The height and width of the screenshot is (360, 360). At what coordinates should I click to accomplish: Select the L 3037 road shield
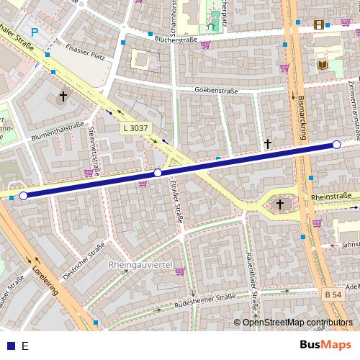(x=135, y=127)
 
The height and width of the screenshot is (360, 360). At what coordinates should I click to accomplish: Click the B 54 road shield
(x=332, y=294)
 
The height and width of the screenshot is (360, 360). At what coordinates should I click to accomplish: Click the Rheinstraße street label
(x=331, y=196)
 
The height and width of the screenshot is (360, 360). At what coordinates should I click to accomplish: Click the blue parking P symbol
(x=35, y=32)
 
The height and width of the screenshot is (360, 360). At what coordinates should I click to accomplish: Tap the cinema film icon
(x=319, y=26)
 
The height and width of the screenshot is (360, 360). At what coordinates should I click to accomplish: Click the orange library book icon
(x=322, y=66)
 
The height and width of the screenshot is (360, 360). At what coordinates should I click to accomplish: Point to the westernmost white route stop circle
(x=23, y=195)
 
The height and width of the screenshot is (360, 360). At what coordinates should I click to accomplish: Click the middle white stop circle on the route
(x=158, y=173)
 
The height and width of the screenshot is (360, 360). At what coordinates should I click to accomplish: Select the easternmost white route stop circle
(x=336, y=145)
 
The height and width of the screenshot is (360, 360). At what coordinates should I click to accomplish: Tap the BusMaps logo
(x=326, y=345)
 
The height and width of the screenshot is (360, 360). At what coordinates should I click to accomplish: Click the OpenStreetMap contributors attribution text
(x=297, y=323)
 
